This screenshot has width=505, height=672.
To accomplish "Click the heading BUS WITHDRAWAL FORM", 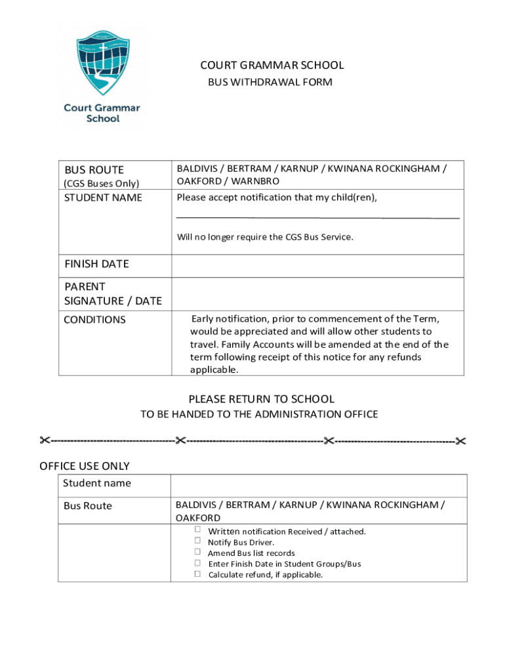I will (x=270, y=82).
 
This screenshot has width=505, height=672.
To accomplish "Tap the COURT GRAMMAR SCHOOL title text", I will (x=272, y=65).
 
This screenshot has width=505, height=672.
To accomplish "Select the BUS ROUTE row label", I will (x=94, y=170).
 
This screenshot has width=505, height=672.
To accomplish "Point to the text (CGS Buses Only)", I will (x=102, y=184).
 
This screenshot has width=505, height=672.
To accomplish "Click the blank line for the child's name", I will (x=318, y=216).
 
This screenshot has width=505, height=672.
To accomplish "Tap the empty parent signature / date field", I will (x=317, y=293).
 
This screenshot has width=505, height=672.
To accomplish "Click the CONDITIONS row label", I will (x=94, y=320).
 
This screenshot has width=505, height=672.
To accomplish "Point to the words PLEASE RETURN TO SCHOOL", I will (x=261, y=399).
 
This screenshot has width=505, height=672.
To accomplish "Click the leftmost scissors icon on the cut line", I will (x=45, y=440).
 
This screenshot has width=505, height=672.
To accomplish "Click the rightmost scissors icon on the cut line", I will (x=460, y=441).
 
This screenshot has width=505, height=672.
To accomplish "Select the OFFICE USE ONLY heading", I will (x=85, y=466).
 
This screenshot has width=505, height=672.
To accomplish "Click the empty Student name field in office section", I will (x=319, y=486).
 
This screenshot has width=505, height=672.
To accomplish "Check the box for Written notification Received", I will (x=197, y=530).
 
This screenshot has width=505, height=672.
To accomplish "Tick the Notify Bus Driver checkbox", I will (x=197, y=541).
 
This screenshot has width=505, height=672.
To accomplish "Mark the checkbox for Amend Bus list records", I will (x=197, y=552).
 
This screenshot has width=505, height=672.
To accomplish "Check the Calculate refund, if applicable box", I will (x=197, y=574).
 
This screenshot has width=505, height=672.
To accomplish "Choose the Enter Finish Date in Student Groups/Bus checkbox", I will (x=197, y=562).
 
